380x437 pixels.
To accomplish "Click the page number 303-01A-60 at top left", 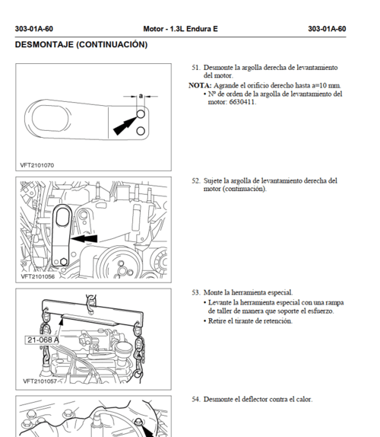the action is click(x=34, y=29).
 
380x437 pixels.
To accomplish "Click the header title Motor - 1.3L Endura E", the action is click(x=180, y=29).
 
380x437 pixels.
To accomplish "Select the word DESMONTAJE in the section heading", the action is click(x=44, y=45).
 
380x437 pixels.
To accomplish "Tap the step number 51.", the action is click(x=196, y=68).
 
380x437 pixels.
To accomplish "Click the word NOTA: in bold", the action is click(x=200, y=85).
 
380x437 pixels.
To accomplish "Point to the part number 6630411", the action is click(x=242, y=102).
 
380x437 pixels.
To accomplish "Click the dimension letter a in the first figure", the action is click(x=141, y=96).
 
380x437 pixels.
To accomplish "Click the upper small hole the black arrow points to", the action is click(x=141, y=113).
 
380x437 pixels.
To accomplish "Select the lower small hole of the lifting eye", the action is click(x=141, y=131).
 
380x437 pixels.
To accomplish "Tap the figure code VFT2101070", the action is click(x=37, y=165).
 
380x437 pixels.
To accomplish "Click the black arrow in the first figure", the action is click(x=125, y=126).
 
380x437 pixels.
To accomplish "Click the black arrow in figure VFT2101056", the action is click(x=84, y=238).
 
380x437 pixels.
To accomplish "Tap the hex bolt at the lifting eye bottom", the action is click(x=64, y=261).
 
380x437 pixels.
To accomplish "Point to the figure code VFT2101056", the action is click(x=38, y=276).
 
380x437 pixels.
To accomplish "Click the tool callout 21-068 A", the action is click(x=43, y=340).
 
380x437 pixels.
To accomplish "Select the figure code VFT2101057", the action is click(x=40, y=381).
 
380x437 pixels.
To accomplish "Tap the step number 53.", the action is click(x=196, y=292).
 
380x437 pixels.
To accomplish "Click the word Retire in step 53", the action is click(x=217, y=321).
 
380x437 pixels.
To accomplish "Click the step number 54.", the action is click(x=196, y=399).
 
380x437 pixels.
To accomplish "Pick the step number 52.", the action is click(x=196, y=180).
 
